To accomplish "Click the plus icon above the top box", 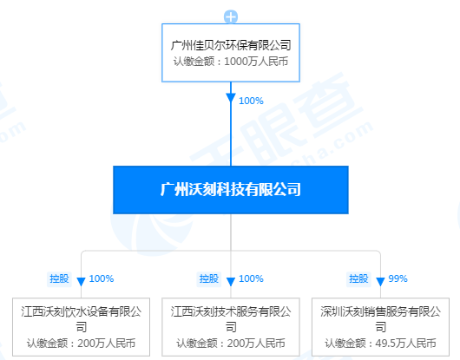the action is [x=231, y=16].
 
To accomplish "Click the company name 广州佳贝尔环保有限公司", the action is [x=231, y=45].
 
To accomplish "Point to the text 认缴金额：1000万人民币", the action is [x=231, y=62].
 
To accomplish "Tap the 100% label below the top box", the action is [x=251, y=101].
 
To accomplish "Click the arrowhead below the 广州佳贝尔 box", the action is [x=231, y=98].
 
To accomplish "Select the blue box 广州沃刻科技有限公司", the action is [x=231, y=190].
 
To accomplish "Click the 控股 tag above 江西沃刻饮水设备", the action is [x=59, y=278].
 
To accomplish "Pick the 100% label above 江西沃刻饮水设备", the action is [x=102, y=278].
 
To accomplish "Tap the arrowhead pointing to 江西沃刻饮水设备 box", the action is [x=81, y=282].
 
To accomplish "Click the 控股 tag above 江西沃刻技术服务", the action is [x=209, y=278].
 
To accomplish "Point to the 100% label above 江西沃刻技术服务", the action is [x=251, y=278].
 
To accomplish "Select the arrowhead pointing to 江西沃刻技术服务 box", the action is [x=231, y=282].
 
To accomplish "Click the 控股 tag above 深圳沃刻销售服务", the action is [x=358, y=278].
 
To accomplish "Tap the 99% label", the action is [x=398, y=278].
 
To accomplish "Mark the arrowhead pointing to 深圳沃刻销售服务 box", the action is [x=380, y=282].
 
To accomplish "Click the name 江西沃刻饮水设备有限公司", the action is [x=82, y=319].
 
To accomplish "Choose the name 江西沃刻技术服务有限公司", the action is [x=231, y=319].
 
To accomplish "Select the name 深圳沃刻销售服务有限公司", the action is [x=380, y=319].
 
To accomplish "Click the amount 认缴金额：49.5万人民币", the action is [x=380, y=343].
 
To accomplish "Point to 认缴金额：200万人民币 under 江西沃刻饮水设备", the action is [x=82, y=343].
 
